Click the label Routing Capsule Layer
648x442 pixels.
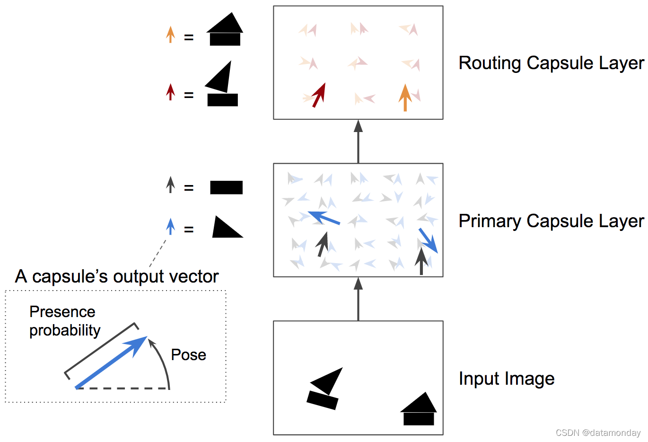[x=551, y=63]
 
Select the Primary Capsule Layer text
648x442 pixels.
[x=551, y=221]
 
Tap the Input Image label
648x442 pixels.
[x=506, y=379]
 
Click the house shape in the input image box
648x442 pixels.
[x=419, y=410]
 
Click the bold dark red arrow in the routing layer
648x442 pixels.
[x=319, y=95]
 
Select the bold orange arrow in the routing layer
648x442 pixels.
[x=405, y=97]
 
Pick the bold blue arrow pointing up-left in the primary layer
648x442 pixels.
[x=324, y=218]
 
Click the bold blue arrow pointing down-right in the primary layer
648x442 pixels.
[x=428, y=240]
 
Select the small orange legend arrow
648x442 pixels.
[x=170, y=35]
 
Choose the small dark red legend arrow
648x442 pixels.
[x=170, y=92]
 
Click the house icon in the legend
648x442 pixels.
[x=225, y=30]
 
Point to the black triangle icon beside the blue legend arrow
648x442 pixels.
[x=226, y=228]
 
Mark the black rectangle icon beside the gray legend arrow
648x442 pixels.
[x=226, y=187]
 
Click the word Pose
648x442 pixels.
[x=188, y=355]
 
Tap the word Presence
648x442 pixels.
[x=62, y=312]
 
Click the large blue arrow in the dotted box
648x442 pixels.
[x=112, y=362]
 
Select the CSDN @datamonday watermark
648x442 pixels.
[x=598, y=433]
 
